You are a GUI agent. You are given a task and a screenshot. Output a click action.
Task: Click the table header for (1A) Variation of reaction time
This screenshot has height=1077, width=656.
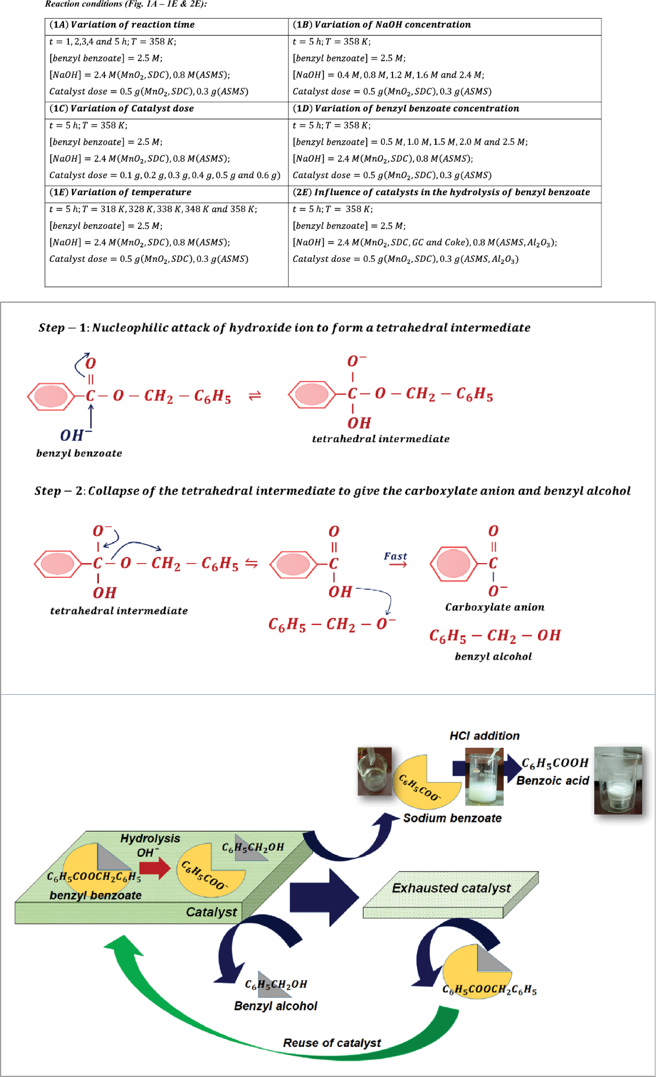tap(122, 25)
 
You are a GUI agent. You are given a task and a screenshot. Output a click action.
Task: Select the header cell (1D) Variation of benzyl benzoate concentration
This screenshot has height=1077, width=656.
tap(406, 108)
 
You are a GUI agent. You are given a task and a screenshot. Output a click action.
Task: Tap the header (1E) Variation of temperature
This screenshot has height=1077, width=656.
tap(120, 192)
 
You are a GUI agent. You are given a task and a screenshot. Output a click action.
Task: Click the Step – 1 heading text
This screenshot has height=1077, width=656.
tap(284, 327)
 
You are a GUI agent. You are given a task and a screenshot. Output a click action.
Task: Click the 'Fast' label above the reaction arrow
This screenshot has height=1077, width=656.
tap(395, 556)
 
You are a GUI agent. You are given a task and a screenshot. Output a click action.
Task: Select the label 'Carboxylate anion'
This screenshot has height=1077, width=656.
tap(494, 607)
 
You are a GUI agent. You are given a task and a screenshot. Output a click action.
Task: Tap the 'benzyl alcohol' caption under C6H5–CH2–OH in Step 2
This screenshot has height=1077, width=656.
tap(493, 656)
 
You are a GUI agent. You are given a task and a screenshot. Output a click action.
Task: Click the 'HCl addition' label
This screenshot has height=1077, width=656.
tap(484, 736)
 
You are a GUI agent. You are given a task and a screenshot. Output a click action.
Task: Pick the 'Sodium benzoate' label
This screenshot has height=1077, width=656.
tap(452, 818)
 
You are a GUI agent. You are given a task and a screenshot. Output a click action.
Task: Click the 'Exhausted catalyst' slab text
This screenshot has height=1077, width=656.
tap(451, 888)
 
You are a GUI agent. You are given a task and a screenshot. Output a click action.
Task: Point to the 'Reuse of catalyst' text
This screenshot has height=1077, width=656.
tap(332, 1043)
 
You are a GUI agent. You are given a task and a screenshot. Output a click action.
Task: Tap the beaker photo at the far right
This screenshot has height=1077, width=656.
tap(618, 780)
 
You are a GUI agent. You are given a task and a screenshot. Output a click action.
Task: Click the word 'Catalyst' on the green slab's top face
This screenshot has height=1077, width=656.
tap(211, 912)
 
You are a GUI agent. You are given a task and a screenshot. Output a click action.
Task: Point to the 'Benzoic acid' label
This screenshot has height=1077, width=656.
tap(552, 781)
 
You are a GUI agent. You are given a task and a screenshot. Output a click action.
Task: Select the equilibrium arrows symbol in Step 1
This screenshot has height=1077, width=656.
tap(255, 395)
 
